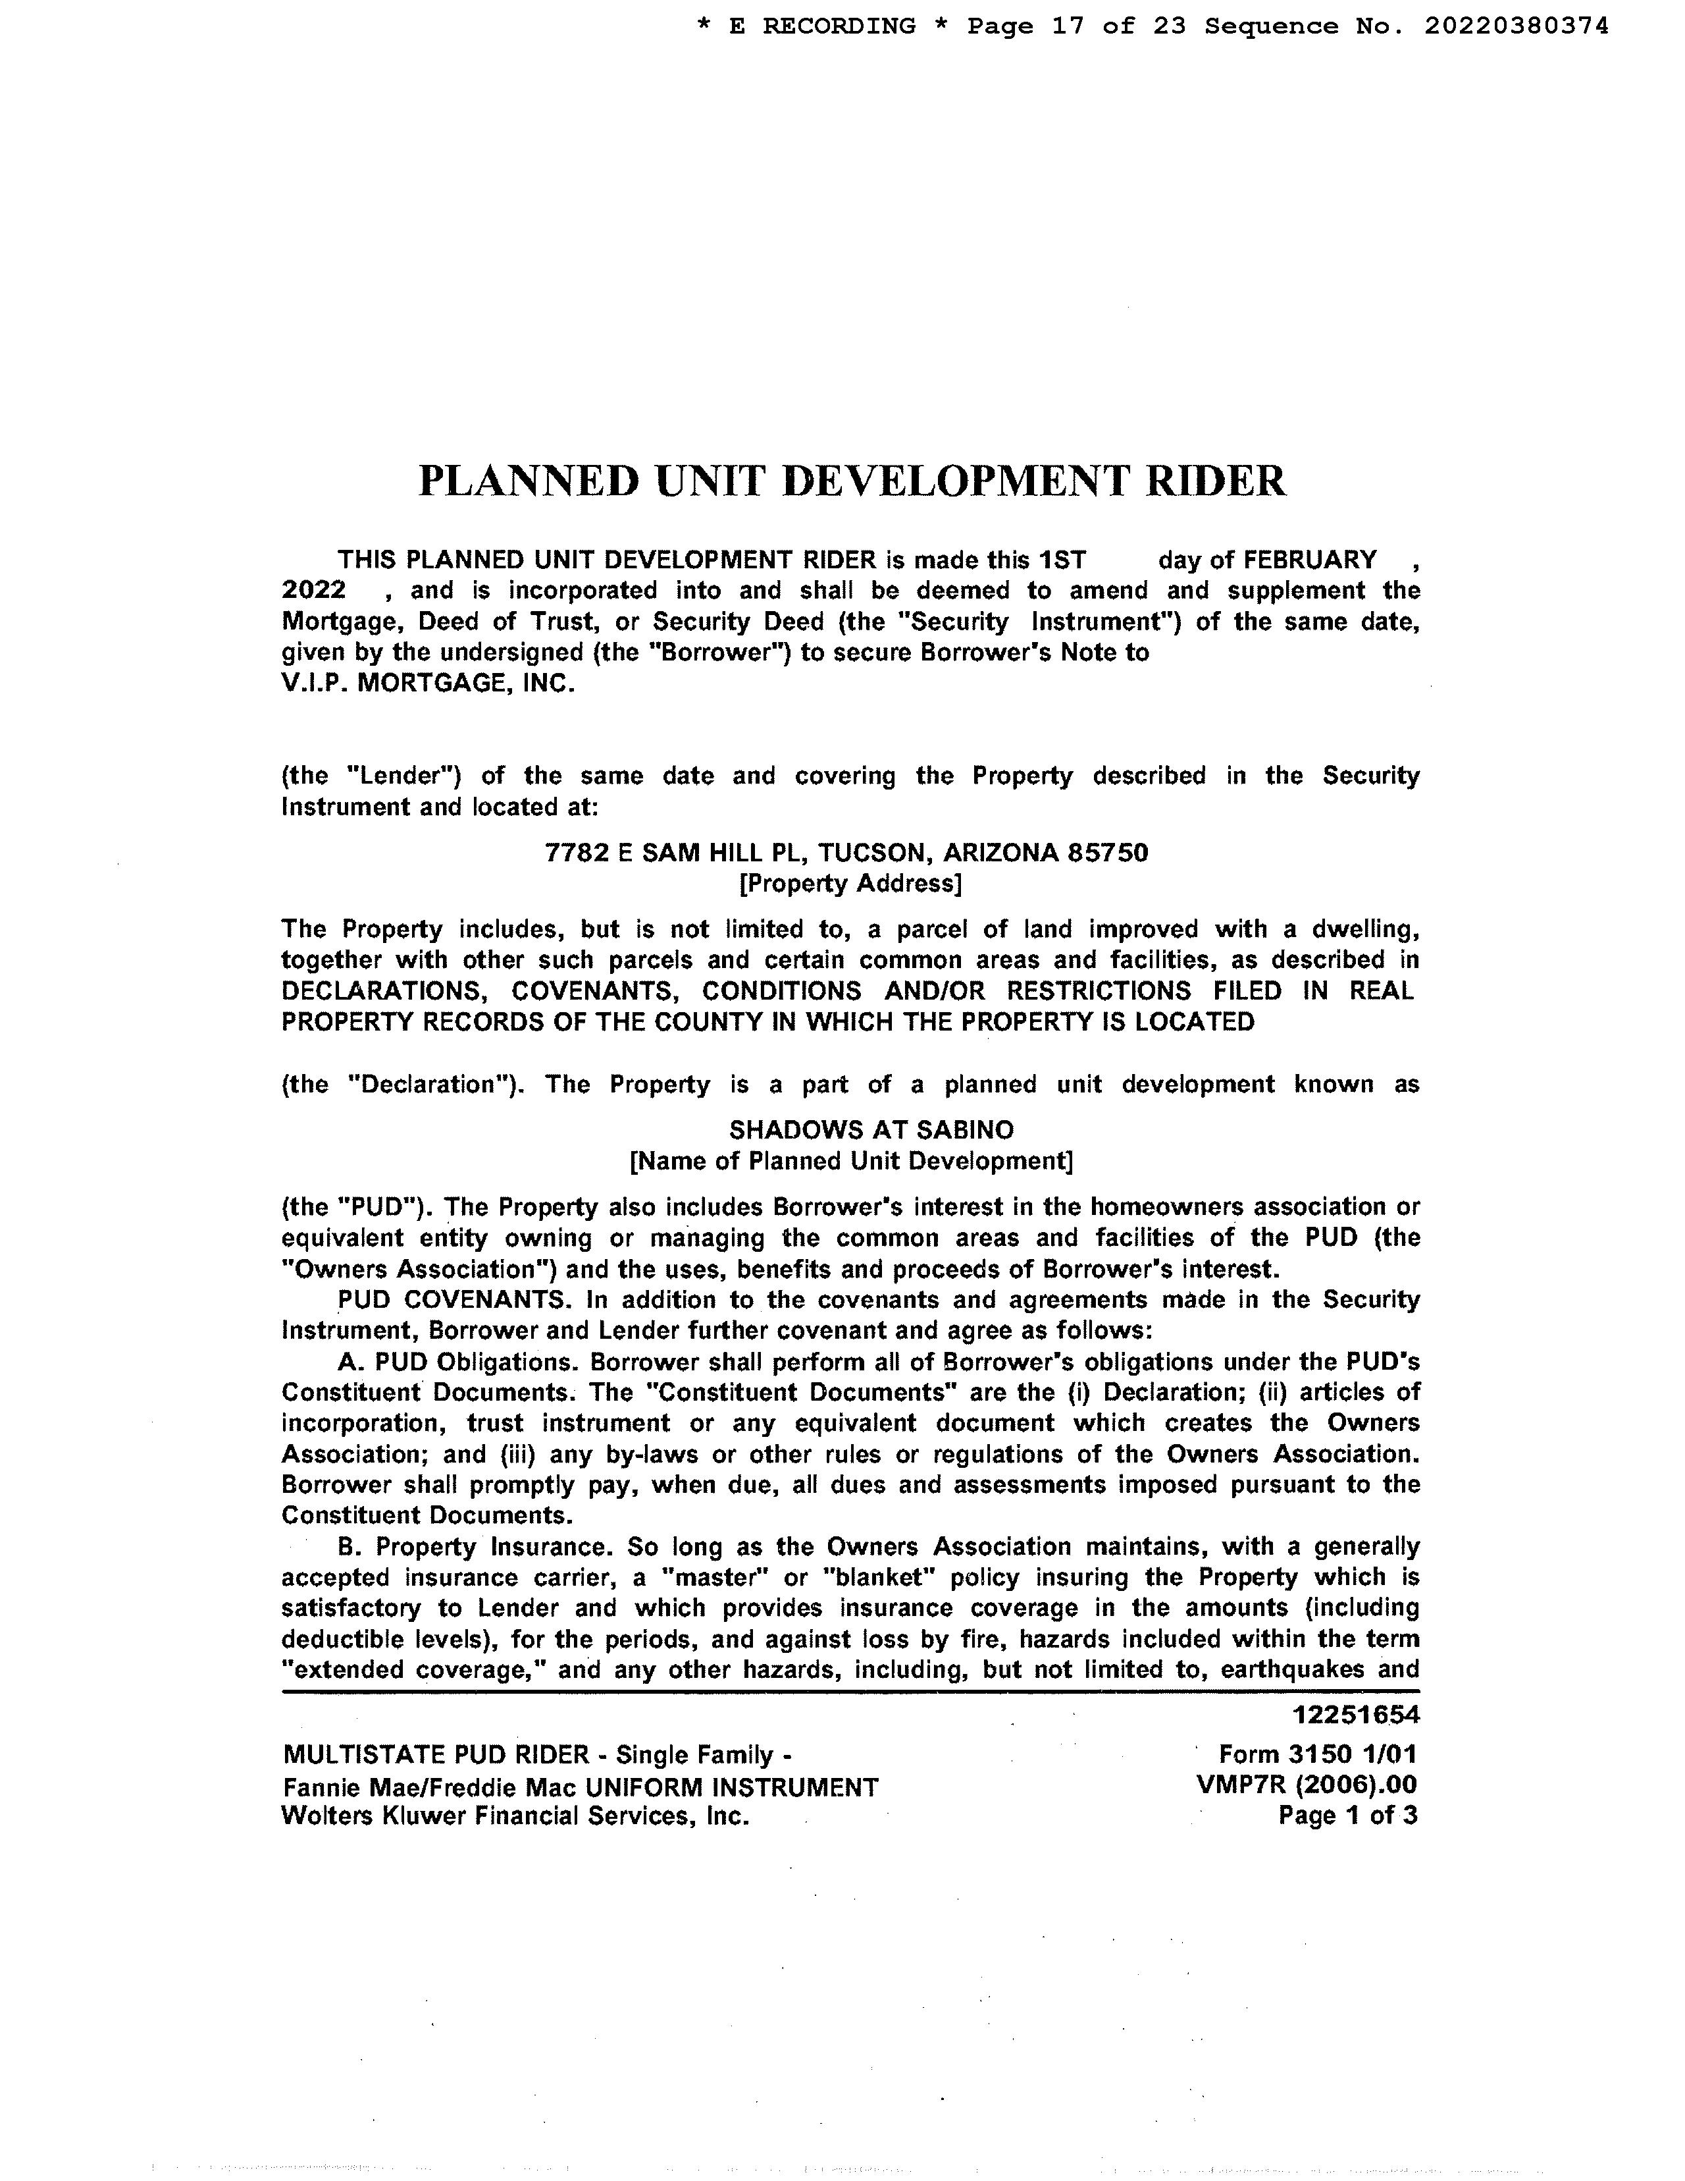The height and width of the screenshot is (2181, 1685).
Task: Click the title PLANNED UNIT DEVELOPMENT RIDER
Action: [x=852, y=480]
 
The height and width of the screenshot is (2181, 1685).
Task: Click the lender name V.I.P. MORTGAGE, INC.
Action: [x=428, y=684]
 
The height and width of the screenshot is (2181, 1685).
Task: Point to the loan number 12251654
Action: [x=1356, y=1715]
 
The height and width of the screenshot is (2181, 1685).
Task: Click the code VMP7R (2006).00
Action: [x=1306, y=1785]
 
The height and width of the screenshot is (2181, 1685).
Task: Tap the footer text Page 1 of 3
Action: [x=1347, y=1816]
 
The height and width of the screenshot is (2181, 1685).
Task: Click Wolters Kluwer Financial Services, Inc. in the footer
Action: [x=515, y=1816]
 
